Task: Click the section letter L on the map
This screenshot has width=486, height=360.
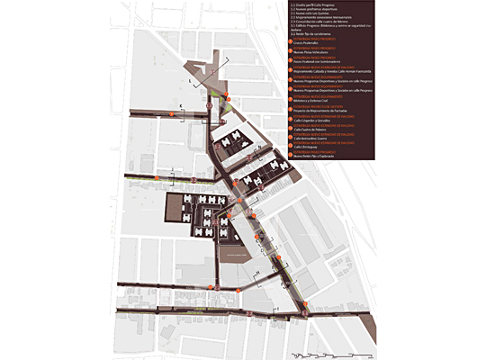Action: click(190, 80)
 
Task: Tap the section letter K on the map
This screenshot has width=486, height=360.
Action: click(181, 106)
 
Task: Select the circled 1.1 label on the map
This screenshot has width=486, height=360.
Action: click(209, 106)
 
